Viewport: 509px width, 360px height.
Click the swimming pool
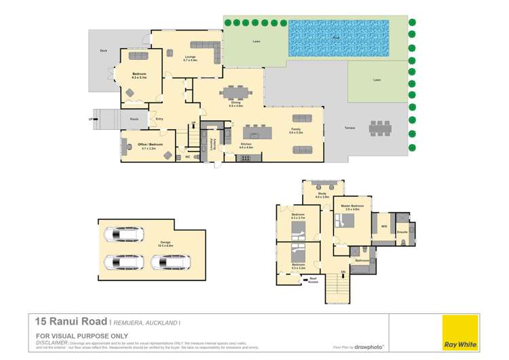pos(339,38)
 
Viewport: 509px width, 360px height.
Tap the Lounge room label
pos(189,59)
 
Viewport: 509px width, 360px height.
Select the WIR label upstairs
pos(383,226)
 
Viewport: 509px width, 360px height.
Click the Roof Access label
pos(313,279)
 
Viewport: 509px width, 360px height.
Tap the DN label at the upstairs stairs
pos(343,272)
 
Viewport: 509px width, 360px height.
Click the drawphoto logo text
pos(370,346)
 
